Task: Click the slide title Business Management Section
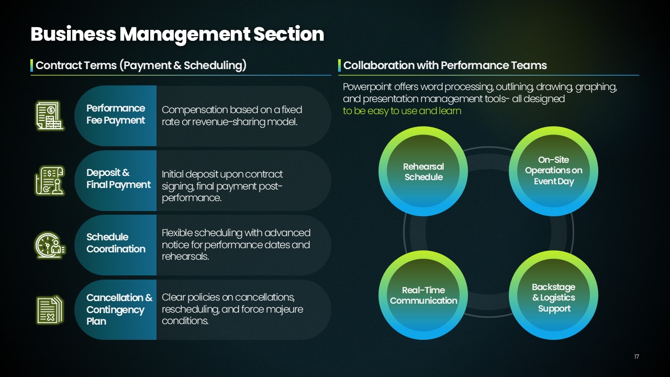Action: [x=177, y=34]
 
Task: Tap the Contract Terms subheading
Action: [x=141, y=65]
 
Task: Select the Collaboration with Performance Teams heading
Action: [x=445, y=65]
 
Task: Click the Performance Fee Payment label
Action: [x=116, y=114]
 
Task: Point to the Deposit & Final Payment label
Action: [x=118, y=179]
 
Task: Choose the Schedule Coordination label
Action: [x=116, y=243]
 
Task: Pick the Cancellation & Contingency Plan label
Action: [x=119, y=309]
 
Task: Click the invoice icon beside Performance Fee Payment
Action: [x=50, y=116]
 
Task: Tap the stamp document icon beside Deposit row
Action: [x=50, y=181]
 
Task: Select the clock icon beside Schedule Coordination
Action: [x=50, y=245]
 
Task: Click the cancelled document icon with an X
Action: [x=50, y=309]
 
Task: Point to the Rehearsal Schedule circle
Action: [x=423, y=171]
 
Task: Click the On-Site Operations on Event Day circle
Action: [x=554, y=171]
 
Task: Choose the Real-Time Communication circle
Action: [x=423, y=295]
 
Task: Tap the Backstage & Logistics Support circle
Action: [x=554, y=295]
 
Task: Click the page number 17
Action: [x=636, y=357]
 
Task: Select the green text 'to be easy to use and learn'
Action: [x=402, y=111]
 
